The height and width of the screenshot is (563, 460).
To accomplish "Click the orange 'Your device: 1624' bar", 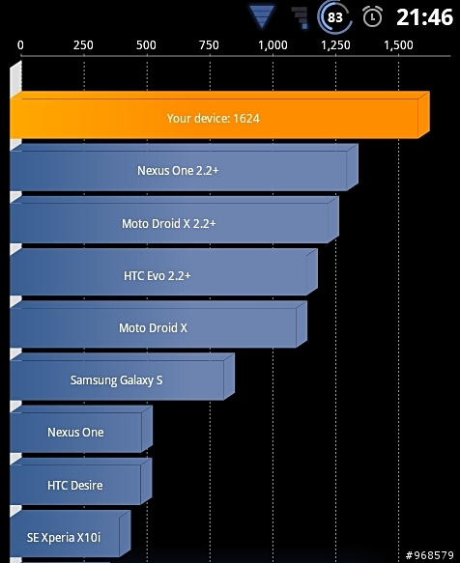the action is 220,115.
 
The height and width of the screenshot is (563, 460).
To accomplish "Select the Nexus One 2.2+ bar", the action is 184,167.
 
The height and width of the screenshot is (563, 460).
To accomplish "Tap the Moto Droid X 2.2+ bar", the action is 174,220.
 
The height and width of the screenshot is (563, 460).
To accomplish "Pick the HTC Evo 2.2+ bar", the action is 164,271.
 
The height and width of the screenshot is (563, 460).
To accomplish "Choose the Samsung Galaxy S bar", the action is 122,377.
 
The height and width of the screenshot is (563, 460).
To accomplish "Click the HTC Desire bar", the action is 81,481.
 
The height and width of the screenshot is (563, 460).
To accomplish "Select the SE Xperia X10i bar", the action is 71,533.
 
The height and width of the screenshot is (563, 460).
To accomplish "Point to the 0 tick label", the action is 20,45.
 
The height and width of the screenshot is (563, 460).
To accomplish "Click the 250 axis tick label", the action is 83,45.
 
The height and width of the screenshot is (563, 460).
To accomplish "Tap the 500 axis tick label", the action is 146,45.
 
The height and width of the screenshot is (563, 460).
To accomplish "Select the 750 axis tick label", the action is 209,45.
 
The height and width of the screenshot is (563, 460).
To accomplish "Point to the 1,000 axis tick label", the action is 273,45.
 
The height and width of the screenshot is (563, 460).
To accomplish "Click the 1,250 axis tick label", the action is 335,45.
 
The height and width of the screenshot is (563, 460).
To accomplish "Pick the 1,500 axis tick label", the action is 398,45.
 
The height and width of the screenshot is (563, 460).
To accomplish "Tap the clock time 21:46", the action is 424,16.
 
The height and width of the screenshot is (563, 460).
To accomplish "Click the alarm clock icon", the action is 372,16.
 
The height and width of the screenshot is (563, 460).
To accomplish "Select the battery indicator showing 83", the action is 334,16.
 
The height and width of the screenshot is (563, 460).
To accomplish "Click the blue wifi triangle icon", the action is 262,16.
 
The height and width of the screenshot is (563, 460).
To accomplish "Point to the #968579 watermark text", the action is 429,555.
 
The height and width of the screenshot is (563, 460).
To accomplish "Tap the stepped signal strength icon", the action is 301,18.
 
